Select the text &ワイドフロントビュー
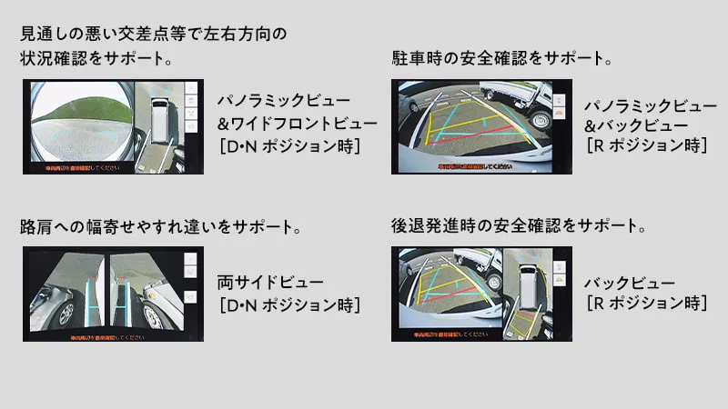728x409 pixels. pyautogui.click(x=297, y=123)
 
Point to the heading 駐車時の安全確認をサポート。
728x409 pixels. pyautogui.click(x=500, y=59)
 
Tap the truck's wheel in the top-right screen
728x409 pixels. pyautogui.click(x=542, y=118)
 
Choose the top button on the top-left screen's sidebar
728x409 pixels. pyautogui.click(x=190, y=91)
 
